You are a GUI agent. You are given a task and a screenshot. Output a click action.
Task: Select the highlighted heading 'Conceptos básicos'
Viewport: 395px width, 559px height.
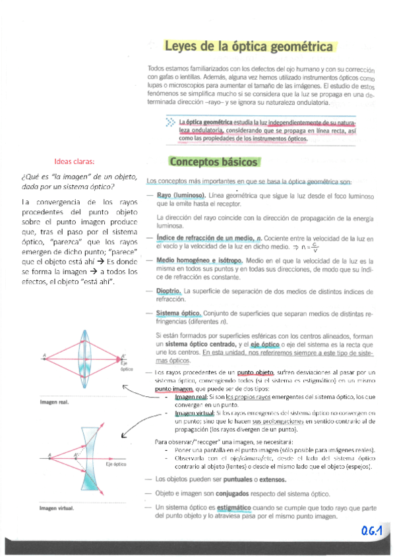click(x=214, y=162)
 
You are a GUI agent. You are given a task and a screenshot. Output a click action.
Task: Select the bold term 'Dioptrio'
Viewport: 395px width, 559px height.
click(x=169, y=291)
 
